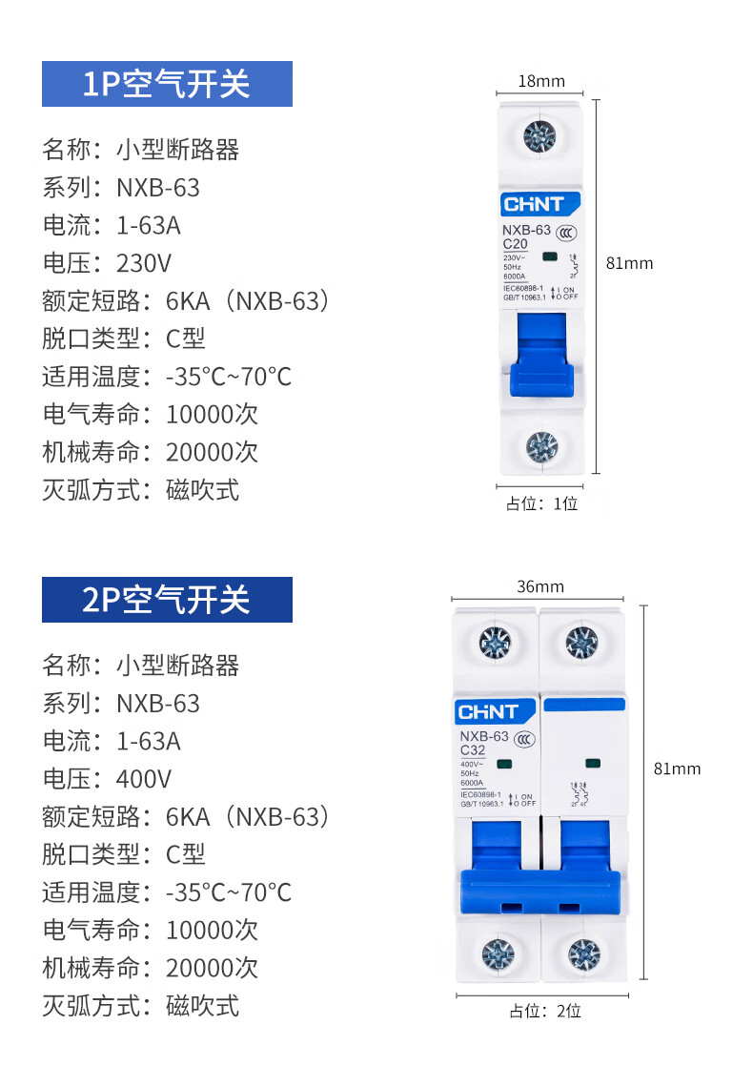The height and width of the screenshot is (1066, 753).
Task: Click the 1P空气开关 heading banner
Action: [x=167, y=84]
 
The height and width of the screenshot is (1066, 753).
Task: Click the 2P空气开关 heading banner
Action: [x=167, y=600]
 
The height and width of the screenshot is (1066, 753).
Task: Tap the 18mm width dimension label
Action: [x=540, y=81]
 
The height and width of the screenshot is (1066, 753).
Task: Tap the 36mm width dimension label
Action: [x=540, y=586]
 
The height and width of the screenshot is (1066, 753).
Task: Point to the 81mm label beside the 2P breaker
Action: [x=677, y=769]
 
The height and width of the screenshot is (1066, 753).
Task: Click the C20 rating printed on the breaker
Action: [x=515, y=244]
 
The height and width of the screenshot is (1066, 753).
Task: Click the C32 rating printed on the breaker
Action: [x=474, y=749]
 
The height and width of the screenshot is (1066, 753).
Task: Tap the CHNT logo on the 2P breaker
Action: [x=488, y=712]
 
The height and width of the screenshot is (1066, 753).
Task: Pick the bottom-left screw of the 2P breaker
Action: [x=497, y=953]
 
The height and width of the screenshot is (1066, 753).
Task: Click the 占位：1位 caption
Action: [x=541, y=503]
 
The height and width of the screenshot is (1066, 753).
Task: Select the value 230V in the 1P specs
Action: [x=143, y=263]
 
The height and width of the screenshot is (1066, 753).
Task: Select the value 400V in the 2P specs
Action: [x=143, y=779]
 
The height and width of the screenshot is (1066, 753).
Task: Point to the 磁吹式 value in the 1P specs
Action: [x=202, y=490]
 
